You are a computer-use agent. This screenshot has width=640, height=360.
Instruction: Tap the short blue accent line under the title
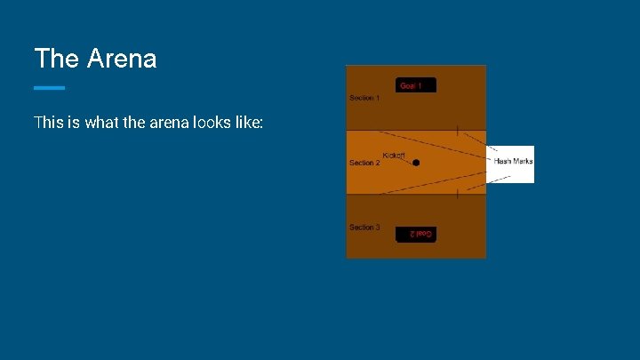pyautogui.click(x=49, y=87)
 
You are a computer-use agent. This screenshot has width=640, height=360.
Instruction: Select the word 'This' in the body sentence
pyautogui.click(x=47, y=123)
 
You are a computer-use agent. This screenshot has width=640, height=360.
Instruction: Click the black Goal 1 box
pyautogui.click(x=416, y=85)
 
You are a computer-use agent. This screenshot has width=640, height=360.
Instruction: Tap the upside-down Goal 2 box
pyautogui.click(x=416, y=233)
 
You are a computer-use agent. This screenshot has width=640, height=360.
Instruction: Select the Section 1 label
pyautogui.click(x=364, y=98)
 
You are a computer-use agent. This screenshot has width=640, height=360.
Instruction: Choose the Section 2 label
pyautogui.click(x=364, y=163)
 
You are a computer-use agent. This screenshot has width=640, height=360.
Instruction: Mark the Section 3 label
pyautogui.click(x=364, y=228)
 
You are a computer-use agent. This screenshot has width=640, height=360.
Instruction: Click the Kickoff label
pyautogui.click(x=394, y=156)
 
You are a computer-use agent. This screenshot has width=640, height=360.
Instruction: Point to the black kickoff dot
pyautogui.click(x=416, y=163)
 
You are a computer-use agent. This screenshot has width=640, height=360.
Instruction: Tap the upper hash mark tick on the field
pyautogui.click(x=458, y=130)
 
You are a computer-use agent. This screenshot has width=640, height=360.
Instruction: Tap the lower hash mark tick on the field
pyautogui.click(x=458, y=194)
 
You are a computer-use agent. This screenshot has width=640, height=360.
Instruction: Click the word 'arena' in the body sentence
pyautogui.click(x=164, y=123)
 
